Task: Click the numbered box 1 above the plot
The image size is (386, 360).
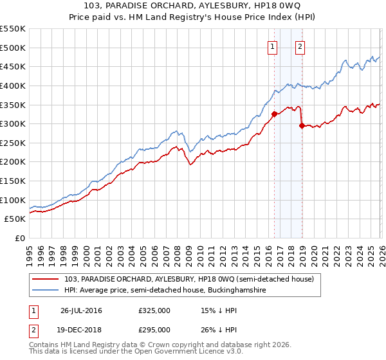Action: coord(273,46)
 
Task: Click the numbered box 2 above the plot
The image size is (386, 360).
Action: coord(300,46)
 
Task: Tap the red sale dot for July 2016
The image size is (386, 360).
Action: coord(274,114)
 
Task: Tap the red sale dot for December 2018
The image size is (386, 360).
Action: coord(302,126)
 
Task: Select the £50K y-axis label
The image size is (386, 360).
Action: coord(15,219)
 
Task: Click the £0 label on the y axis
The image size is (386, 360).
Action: coord(19,239)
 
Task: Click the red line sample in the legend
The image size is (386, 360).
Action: coord(46,279)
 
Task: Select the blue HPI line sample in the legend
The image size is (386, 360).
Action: coord(46,291)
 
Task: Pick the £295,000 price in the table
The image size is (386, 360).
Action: coord(154,329)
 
